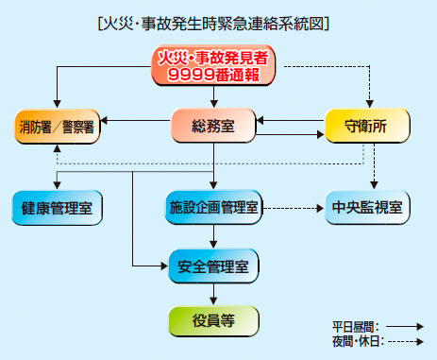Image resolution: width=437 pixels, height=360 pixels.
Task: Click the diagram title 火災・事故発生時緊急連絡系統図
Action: tap(217, 22)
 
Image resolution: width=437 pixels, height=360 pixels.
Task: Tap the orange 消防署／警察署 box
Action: tap(58, 126)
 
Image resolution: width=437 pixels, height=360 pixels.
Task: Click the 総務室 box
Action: tap(214, 126)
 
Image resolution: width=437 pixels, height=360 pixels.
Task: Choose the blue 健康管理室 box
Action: tap(58, 207)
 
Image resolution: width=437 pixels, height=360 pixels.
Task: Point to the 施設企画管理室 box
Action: tap(214, 207)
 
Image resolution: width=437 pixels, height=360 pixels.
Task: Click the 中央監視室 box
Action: tap(367, 207)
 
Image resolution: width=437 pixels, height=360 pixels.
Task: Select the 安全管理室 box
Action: tap(214, 264)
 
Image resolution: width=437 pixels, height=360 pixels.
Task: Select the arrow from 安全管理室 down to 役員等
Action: tap(214, 291)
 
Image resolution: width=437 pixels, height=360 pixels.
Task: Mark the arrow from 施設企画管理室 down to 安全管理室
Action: tap(214, 235)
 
